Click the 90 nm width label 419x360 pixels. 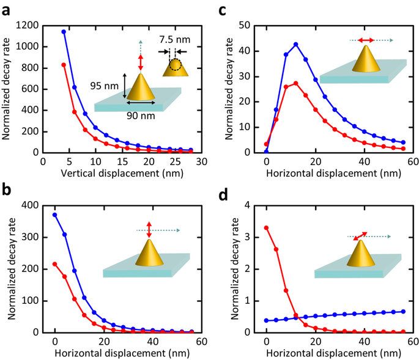coord(140,115)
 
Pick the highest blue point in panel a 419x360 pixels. coord(64,32)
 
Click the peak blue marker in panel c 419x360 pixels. coord(295,45)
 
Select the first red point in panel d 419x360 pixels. coord(266,227)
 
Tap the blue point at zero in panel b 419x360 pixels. coord(55,215)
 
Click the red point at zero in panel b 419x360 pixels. coord(55,264)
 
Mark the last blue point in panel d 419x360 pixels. coord(403,312)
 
